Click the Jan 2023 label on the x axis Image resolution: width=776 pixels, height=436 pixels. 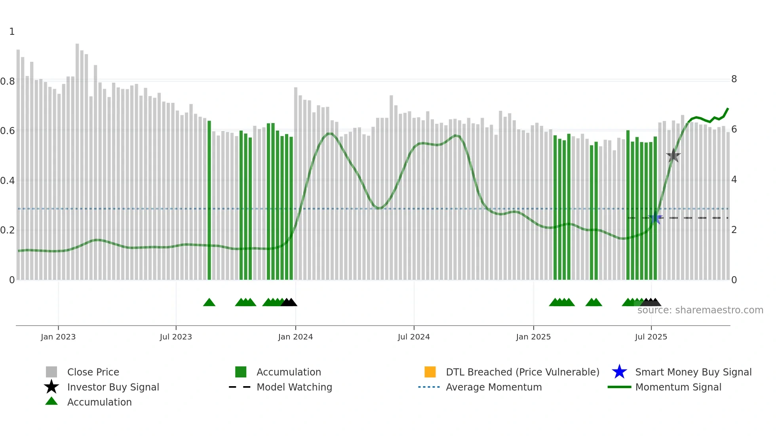pyautogui.click(x=58, y=337)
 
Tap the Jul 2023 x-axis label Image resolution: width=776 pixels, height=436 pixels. pyautogui.click(x=176, y=337)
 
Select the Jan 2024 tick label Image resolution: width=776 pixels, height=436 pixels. pyautogui.click(x=295, y=337)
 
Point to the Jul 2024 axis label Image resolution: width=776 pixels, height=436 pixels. pyautogui.click(x=414, y=337)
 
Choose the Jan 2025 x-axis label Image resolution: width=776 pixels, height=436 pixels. pyautogui.click(x=533, y=337)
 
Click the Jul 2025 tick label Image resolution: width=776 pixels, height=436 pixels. pyautogui.click(x=651, y=337)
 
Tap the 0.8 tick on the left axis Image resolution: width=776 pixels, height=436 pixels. pyautogui.click(x=8, y=82)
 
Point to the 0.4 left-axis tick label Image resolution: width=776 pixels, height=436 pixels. pyautogui.click(x=8, y=181)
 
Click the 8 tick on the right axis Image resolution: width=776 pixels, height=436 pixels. pyautogui.click(x=734, y=79)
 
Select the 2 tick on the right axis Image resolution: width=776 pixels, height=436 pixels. pyautogui.click(x=734, y=230)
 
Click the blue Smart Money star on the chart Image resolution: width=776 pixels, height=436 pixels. pyautogui.click(x=656, y=218)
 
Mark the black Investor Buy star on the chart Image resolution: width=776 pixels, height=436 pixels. pyautogui.click(x=673, y=156)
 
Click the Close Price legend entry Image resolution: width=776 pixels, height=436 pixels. pyautogui.click(x=93, y=372)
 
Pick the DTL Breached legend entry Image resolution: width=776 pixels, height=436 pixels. pyautogui.click(x=522, y=372)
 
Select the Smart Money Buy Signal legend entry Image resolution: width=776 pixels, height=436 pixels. pyautogui.click(x=693, y=372)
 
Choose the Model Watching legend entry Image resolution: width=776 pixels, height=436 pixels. pyautogui.click(x=294, y=387)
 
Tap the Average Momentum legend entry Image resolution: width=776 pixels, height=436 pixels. pyautogui.click(x=493, y=387)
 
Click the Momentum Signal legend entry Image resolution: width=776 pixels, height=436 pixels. pyautogui.click(x=678, y=387)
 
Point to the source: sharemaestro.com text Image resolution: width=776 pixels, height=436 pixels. pyautogui.click(x=700, y=310)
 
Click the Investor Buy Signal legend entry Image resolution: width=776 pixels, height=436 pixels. pyautogui.click(x=113, y=387)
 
